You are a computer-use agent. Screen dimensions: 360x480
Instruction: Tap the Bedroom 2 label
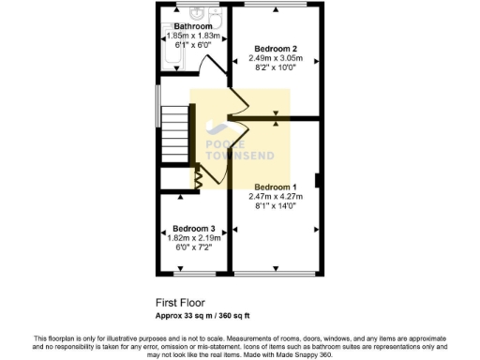tap(277, 49)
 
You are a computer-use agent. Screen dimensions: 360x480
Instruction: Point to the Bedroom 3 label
tap(193, 229)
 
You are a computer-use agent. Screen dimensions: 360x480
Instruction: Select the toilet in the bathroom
tap(214, 14)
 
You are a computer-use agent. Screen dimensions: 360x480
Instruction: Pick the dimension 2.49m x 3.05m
tap(277, 58)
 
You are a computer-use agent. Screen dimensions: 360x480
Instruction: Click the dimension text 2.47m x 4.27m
tap(277, 196)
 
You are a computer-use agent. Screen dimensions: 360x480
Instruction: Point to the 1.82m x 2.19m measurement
tap(193, 238)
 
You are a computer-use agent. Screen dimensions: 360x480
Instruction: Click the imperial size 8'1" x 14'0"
tap(277, 206)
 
